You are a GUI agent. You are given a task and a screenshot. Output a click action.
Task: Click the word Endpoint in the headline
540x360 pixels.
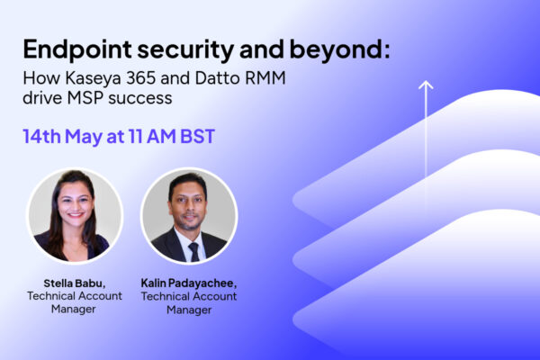coord(77,50)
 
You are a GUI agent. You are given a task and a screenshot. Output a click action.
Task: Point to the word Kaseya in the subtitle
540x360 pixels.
coord(93,79)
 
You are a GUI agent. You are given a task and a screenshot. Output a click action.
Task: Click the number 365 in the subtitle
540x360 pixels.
coord(141,78)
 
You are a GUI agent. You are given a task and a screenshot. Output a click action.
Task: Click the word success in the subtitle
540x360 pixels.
coord(140,99)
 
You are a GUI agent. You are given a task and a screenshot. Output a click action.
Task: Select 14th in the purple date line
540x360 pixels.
coord(41,136)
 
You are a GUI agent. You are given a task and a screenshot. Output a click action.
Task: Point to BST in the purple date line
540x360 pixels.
coord(198,136)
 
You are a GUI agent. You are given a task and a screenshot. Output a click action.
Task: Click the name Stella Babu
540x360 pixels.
coord(75,283)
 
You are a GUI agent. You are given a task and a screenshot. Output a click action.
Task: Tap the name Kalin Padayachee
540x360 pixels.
coord(189,283)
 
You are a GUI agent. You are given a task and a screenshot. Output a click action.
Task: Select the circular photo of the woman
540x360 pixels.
coord(75,216)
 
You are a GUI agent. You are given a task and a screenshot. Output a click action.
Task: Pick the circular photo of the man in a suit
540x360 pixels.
coord(189,216)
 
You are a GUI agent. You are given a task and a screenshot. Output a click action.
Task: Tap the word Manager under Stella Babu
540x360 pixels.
coord(74,309)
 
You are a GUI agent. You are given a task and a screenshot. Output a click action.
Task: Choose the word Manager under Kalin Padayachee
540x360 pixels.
coord(189,310)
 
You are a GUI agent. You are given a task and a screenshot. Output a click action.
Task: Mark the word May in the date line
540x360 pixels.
coord(84,137)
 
